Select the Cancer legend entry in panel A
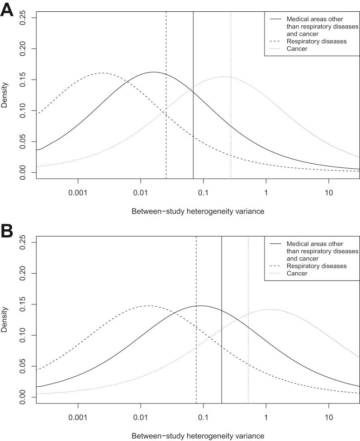pos(297,48)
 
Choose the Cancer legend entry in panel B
pos(297,273)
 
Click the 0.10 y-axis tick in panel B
pos(22,335)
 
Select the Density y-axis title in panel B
pos(5,321)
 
